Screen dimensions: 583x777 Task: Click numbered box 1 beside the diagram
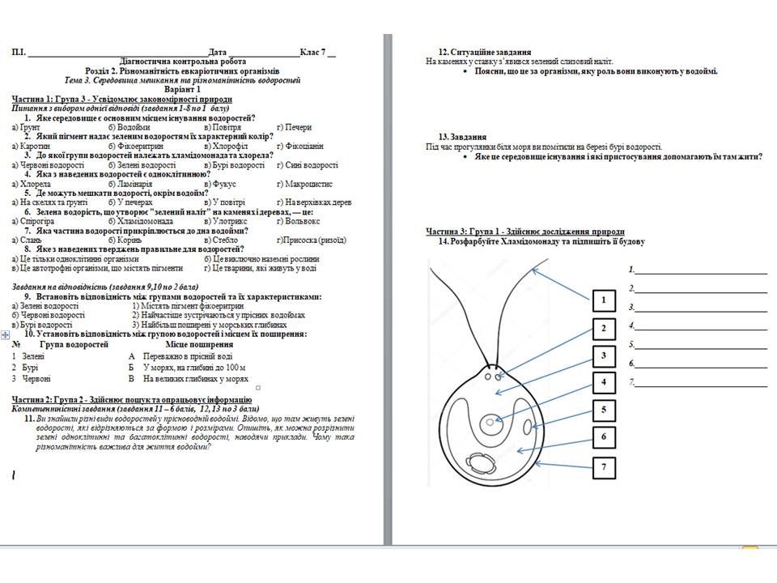(x=603, y=301)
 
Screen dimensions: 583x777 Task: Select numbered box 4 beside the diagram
(x=603, y=382)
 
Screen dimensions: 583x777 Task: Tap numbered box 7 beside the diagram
(x=603, y=466)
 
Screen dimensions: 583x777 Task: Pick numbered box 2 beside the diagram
(x=603, y=328)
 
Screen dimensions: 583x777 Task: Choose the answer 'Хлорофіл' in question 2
(x=227, y=146)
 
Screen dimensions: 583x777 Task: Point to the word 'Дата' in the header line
(x=218, y=53)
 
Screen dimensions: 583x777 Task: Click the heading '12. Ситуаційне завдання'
(x=484, y=51)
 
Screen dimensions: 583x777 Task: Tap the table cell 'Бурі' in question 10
(x=32, y=367)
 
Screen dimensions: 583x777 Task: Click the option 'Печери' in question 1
(x=298, y=127)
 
